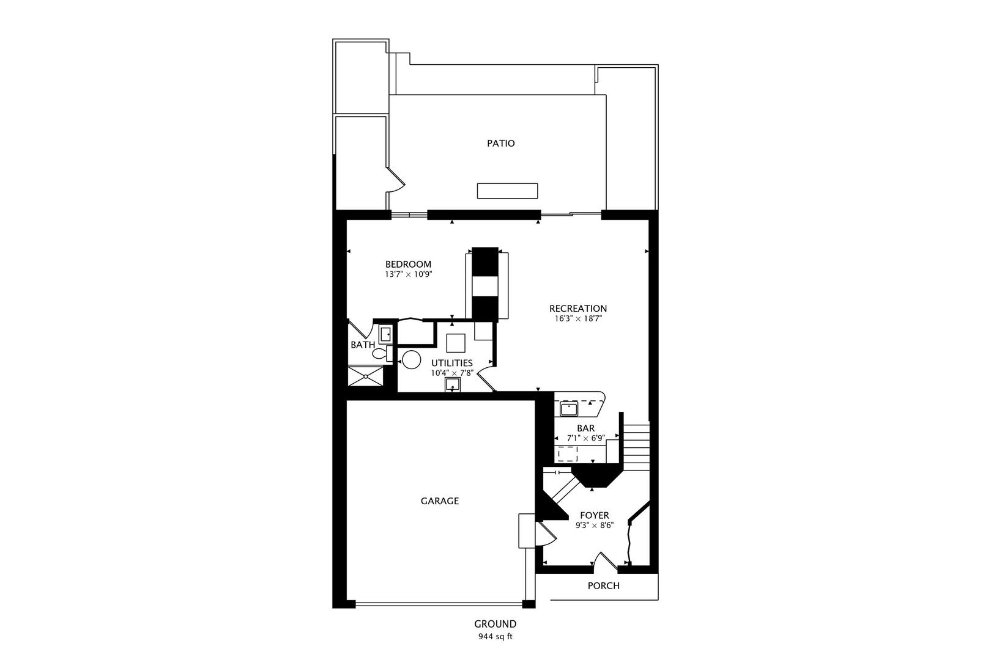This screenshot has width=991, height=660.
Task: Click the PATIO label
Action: (500, 144)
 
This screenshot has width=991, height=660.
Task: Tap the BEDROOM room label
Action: (408, 265)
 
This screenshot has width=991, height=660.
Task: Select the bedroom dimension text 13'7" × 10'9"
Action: (408, 275)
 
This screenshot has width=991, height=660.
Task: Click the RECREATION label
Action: (577, 309)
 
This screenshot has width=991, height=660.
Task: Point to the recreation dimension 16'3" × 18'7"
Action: (577, 318)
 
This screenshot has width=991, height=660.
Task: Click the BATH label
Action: (363, 345)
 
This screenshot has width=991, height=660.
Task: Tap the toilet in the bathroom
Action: (379, 353)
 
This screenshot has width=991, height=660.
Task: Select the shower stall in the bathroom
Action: (365, 376)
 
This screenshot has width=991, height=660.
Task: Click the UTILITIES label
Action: (451, 363)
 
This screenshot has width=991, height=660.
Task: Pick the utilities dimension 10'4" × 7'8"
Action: (451, 372)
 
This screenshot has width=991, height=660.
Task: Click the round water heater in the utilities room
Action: (410, 359)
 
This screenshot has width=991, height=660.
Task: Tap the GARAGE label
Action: (439, 501)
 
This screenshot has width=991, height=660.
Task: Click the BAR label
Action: (585, 428)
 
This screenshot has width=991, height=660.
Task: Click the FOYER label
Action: (594, 516)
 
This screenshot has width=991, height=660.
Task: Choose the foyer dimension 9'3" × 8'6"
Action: (594, 525)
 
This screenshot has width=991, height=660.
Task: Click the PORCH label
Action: (603, 586)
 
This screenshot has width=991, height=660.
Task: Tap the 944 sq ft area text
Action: (495, 636)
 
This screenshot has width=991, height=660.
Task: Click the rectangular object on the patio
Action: (507, 191)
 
